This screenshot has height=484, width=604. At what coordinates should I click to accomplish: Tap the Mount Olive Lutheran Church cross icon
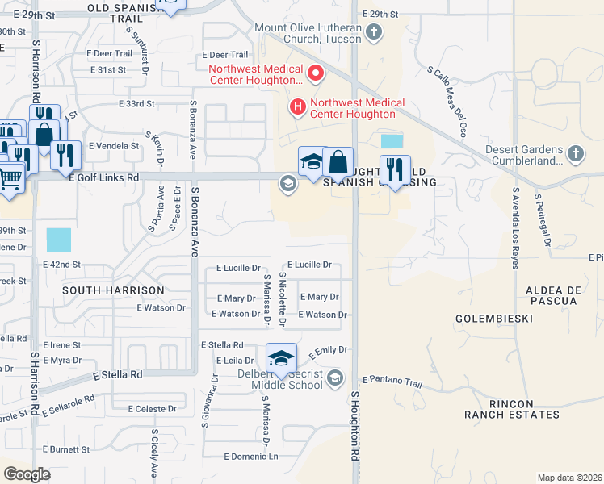(x=373, y=32)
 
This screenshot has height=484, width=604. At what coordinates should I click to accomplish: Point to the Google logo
(x=27, y=474)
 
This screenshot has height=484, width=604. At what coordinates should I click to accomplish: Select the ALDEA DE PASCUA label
(x=553, y=294)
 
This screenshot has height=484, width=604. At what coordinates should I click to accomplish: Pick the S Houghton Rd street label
(x=354, y=427)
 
